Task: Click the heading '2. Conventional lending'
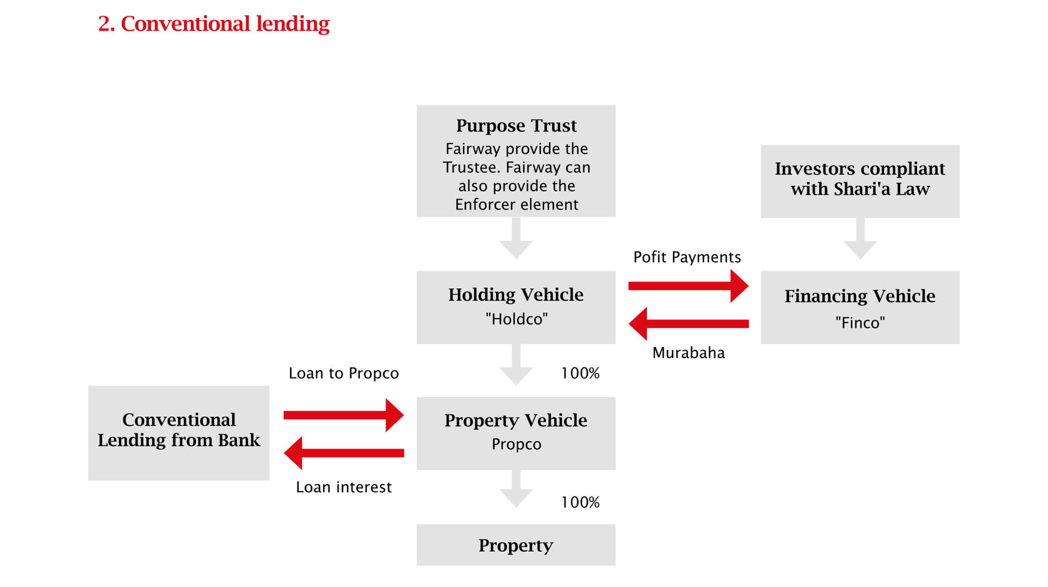tap(214, 24)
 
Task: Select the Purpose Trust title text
tap(516, 125)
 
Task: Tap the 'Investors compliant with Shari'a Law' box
tap(860, 181)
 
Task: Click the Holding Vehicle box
tap(516, 308)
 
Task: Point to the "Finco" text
tap(860, 323)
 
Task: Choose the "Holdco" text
tap(516, 319)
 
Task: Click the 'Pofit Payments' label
tap(687, 257)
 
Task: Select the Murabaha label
tap(689, 352)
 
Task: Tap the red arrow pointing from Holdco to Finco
tap(688, 286)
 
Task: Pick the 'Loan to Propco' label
tap(344, 373)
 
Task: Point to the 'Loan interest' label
tap(344, 487)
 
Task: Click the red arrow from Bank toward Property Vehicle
tap(344, 415)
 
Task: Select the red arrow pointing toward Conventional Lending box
tap(344, 453)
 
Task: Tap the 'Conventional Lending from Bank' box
tap(178, 433)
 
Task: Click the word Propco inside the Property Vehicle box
tap(516, 444)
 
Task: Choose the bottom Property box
tap(516, 545)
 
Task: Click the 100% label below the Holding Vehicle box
tap(580, 373)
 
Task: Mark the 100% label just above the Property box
tap(580, 502)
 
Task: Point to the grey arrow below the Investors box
tap(860, 238)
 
